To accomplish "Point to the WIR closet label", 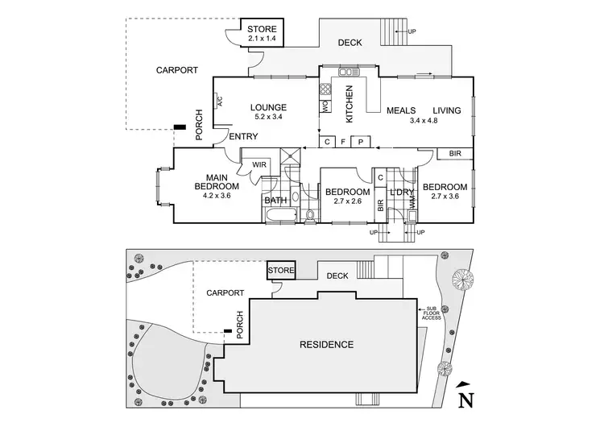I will point(259,165).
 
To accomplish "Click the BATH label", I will point(275,200).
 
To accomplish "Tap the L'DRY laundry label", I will point(400,192).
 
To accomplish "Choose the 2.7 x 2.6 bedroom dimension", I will point(347,201).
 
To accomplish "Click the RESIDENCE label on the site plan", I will point(326,345).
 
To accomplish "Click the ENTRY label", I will point(243,137).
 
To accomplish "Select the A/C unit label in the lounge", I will point(219,102).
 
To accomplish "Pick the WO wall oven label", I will point(325,105).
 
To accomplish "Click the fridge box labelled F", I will point(344,142).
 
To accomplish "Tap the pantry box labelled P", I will point(361,142).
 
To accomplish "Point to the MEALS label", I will point(400,111).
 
